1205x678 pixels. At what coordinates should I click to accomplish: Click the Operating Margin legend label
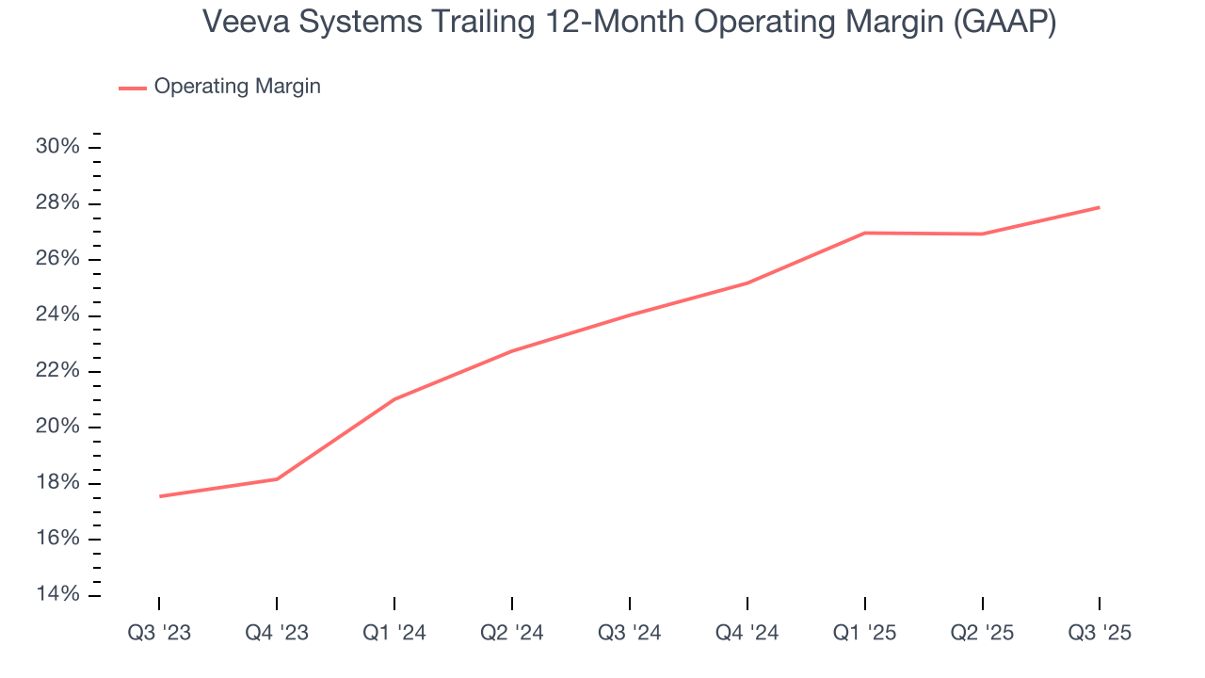point(237,87)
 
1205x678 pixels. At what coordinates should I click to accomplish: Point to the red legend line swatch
point(132,88)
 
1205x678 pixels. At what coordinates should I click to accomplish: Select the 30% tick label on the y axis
point(56,147)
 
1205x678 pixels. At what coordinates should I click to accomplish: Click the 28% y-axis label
point(56,203)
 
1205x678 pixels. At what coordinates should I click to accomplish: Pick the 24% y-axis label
point(56,315)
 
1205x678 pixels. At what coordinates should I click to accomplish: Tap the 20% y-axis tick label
point(56,427)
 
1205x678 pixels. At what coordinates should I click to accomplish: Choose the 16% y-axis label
point(56,539)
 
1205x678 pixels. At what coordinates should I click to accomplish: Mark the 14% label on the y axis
point(56,594)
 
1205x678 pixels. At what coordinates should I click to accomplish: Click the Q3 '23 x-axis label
point(159,633)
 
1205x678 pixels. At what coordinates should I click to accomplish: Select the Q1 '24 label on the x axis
point(394,633)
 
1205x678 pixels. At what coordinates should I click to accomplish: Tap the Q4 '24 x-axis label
point(747,633)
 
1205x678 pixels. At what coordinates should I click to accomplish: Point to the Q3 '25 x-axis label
point(1100,633)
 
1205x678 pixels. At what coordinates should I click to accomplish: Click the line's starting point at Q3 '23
point(159,496)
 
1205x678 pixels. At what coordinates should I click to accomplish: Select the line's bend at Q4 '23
point(277,479)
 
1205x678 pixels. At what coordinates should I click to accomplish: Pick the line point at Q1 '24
point(394,399)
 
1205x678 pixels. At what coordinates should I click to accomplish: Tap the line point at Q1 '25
point(865,233)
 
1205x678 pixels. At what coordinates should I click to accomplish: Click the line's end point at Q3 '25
point(1100,207)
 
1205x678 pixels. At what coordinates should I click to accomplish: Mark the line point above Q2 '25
point(983,234)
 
